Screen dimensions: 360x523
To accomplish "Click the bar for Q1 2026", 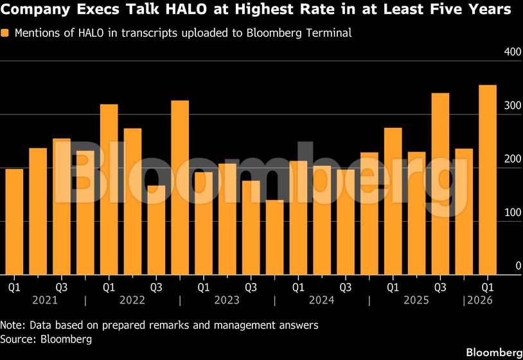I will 488,180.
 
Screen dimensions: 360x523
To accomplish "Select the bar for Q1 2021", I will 14,222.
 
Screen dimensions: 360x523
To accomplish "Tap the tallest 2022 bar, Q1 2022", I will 109,190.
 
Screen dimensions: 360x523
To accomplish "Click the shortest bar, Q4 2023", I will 274,237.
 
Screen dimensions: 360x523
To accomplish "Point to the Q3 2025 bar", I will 440,184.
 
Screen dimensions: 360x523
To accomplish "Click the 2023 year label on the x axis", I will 227,300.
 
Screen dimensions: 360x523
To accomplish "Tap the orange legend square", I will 5,33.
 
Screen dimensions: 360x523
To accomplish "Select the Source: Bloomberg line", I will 46,338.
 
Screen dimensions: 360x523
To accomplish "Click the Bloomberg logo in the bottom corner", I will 493,352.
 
